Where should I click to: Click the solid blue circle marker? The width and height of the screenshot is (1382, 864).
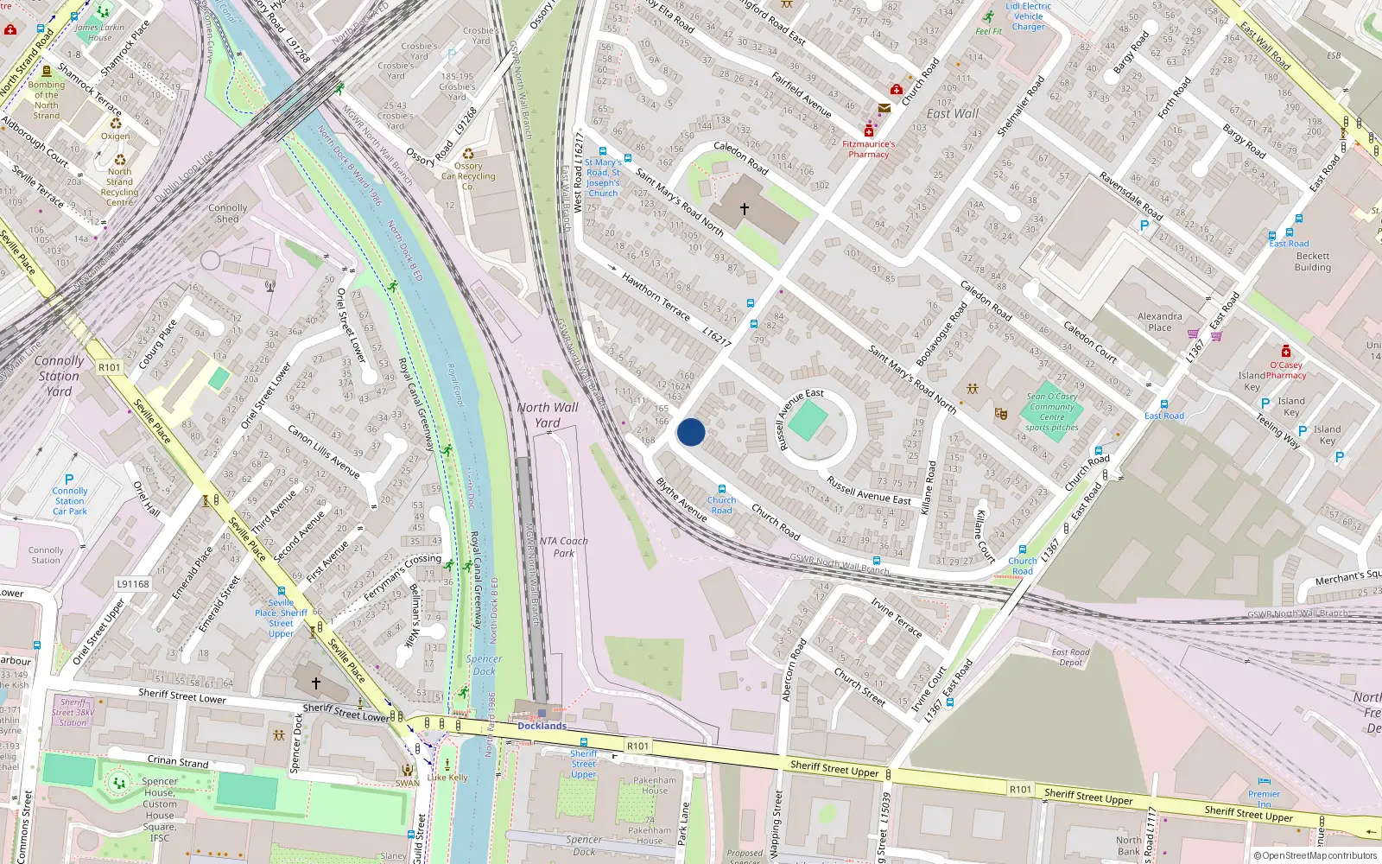coord(691,432)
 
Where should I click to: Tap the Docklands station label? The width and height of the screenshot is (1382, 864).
coord(542,726)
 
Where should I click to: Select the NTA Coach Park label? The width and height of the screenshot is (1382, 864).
coord(563,547)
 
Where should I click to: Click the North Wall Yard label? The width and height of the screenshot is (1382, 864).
coord(548,415)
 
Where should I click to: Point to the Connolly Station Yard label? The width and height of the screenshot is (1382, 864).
coord(59,376)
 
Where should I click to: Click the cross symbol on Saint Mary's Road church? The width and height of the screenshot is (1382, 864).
coord(745,209)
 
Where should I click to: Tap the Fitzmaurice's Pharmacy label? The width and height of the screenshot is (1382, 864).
coord(868,149)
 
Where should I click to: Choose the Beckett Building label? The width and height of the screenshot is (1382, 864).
coord(1312,262)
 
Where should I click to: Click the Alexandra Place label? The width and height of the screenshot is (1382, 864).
coord(1159,321)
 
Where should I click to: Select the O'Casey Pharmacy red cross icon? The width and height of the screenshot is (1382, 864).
coord(1286,352)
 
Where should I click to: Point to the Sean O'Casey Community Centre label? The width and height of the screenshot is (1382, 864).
coord(1052,411)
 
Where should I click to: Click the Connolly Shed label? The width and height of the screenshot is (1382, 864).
coord(227,213)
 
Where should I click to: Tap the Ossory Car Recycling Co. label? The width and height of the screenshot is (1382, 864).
coord(468,176)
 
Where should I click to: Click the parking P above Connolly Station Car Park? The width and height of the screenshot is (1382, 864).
coord(69,480)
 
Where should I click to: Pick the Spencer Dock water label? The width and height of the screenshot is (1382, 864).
coord(484,664)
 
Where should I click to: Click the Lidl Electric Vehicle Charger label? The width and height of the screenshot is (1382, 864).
coord(1028,16)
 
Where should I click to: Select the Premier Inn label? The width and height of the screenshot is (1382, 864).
coord(1264,799)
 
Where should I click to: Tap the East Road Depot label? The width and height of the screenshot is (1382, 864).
coord(1070,658)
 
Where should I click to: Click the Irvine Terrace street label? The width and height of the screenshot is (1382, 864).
coord(896,618)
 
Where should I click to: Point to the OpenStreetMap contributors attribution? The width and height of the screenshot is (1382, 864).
coord(1315,855)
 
